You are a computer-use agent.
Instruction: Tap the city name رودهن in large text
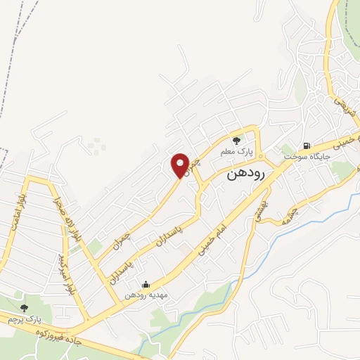(246, 176)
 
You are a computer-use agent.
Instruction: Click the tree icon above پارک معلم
(236, 139)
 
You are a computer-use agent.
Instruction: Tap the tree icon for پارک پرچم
(24, 307)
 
